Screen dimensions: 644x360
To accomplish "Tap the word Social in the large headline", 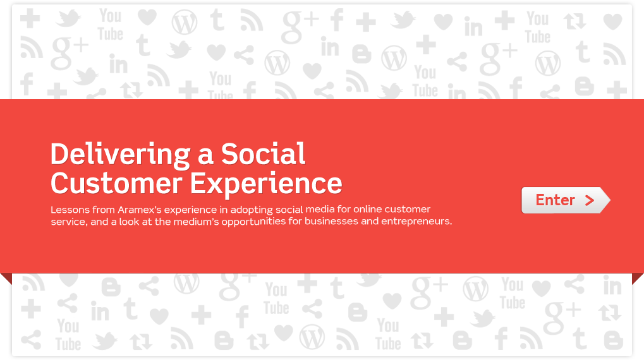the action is [264, 154].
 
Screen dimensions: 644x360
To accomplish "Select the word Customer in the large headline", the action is [116, 183].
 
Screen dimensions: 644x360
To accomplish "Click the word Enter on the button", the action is [555, 200].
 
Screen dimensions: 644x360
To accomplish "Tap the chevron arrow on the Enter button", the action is [590, 200].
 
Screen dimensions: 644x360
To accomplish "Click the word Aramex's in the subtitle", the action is [139, 210].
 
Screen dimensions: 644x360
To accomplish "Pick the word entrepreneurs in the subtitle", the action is [416, 222].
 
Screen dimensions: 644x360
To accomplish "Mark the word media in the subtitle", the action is [320, 209].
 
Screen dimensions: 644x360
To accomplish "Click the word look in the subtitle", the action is [130, 222].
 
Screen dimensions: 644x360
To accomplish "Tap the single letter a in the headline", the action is [205, 156].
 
